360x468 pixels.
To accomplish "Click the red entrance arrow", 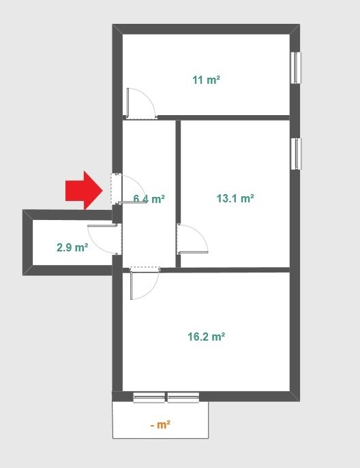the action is coord(85,191).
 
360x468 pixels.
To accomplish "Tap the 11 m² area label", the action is coord(206,80).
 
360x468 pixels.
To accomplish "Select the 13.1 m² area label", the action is coord(235,198).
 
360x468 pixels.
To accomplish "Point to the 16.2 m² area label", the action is coord(206,337).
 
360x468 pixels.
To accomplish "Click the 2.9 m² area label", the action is coord(72,247).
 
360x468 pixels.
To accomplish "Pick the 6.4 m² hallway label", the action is coord(149,198).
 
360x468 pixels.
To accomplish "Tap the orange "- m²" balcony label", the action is coord(160,424).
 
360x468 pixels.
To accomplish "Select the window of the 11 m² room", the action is coord(296,67).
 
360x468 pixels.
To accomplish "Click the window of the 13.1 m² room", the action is coord(297,154).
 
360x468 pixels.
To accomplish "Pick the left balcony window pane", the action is coord(149,398).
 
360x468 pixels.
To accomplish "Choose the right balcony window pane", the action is coord(183,398).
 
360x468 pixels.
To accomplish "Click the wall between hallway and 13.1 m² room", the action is coord(178,193).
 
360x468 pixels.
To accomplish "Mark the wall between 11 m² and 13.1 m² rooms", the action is coord(224,118).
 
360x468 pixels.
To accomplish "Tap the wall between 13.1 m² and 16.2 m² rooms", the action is coord(225,270).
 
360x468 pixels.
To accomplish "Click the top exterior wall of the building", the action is coord(206,29).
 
